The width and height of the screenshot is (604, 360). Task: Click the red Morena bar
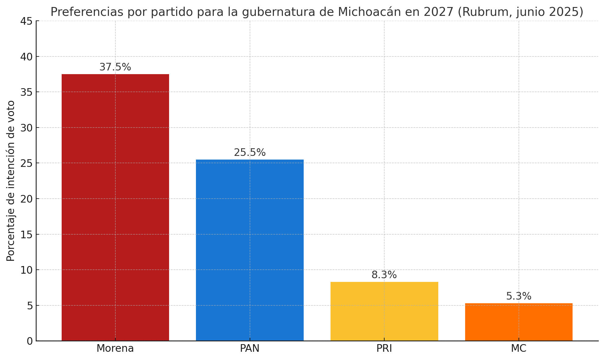pyautogui.click(x=115, y=207)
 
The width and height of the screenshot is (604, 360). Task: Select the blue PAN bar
pyautogui.click(x=250, y=250)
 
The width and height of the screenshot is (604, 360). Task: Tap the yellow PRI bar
pyautogui.click(x=384, y=311)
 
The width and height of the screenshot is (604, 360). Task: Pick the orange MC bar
pyautogui.click(x=519, y=322)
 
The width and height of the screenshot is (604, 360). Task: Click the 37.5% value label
pyautogui.click(x=115, y=67)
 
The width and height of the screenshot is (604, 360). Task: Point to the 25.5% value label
pyautogui.click(x=250, y=153)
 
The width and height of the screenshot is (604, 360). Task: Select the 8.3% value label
pyautogui.click(x=384, y=275)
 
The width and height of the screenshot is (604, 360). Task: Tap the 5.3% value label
pyautogui.click(x=519, y=296)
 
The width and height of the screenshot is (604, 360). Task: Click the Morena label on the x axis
pyautogui.click(x=115, y=348)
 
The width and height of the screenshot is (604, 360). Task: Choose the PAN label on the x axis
pyautogui.click(x=250, y=348)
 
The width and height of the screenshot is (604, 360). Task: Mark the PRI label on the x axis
pyautogui.click(x=384, y=348)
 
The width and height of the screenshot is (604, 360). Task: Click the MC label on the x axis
pyautogui.click(x=519, y=348)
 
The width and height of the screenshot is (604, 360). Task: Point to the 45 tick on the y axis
pyautogui.click(x=26, y=21)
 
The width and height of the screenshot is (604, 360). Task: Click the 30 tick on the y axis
pyautogui.click(x=26, y=128)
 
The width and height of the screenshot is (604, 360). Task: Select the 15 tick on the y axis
pyautogui.click(x=26, y=234)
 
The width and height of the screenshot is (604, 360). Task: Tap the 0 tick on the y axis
pyautogui.click(x=30, y=341)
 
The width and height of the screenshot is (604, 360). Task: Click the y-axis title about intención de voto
pyautogui.click(x=11, y=181)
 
